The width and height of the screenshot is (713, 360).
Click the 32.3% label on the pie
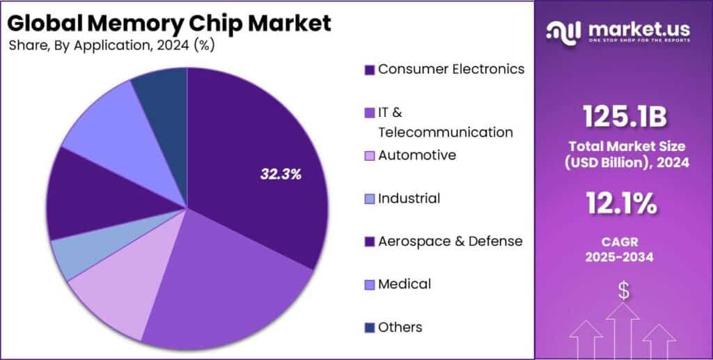pyautogui.click(x=281, y=175)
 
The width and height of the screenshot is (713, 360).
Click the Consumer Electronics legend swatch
pyautogui.click(x=370, y=70)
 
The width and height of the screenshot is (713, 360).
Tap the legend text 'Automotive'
pyautogui.click(x=417, y=155)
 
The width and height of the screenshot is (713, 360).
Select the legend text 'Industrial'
pyautogui.click(x=409, y=198)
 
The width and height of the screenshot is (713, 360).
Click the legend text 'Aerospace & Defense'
pyautogui.click(x=450, y=241)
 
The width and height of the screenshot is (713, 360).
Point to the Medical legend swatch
pyautogui.click(x=370, y=284)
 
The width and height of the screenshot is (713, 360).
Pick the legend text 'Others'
pyautogui.click(x=400, y=327)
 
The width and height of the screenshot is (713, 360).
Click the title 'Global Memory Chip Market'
pyautogui.click(x=170, y=23)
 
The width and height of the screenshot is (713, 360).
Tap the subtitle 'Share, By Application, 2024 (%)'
pyautogui.click(x=112, y=46)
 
